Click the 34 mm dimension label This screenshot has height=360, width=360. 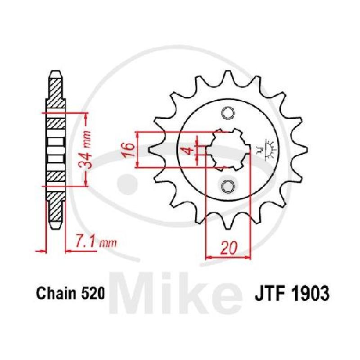click(85, 150)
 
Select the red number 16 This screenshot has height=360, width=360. click(128, 150)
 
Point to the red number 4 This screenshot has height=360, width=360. click(189, 151)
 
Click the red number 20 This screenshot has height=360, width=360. click(229, 248)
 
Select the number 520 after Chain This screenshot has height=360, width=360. click(92, 294)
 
